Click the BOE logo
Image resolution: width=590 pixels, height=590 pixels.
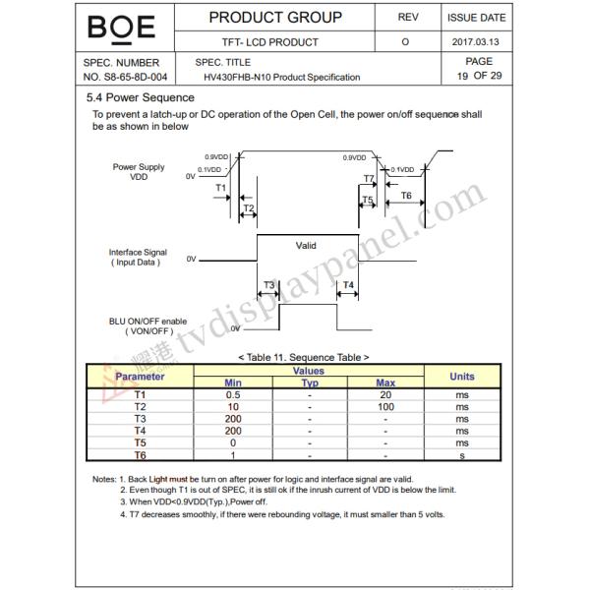coord(121,27)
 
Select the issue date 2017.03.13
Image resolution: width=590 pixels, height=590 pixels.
coord(477,42)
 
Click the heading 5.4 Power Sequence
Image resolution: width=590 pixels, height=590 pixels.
coord(141,97)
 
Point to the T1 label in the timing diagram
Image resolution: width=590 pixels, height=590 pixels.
coord(220,187)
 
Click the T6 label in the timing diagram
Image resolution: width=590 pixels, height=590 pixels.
coord(406,197)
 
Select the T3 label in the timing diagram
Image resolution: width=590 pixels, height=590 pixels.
coord(268,285)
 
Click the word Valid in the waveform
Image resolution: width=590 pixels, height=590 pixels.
coord(306,245)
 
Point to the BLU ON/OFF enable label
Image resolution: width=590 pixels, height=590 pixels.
coord(147,325)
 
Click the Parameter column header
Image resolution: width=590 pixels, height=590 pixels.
coord(141,377)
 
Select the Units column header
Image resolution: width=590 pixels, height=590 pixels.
coord(461,377)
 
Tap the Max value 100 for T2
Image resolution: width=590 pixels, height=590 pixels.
coord(385,406)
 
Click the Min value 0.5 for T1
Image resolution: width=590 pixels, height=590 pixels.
coord(233,394)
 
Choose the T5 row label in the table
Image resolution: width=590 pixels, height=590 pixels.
coord(141,443)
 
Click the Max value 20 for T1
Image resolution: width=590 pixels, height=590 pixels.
coord(385,394)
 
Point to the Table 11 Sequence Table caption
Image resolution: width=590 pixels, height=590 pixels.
coord(303,357)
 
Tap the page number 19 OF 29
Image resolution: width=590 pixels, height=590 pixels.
coord(477,76)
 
